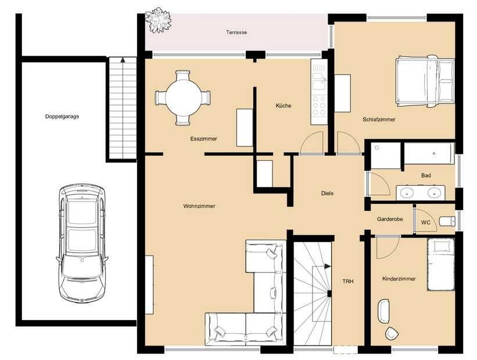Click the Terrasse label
236,33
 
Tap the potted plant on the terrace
157,20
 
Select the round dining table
183,98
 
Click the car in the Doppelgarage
82,243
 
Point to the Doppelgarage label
62,117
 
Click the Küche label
283,106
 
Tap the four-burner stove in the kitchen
319,106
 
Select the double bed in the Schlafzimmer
425,81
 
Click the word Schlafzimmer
379,120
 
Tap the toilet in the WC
447,221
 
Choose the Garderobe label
390,219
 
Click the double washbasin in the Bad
421,192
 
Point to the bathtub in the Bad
429,153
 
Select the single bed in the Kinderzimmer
441,265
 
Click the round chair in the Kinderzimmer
392,333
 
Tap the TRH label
348,282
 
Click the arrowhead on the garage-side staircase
123,60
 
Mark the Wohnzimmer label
199,206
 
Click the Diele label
327,193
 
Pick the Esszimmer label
203,139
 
